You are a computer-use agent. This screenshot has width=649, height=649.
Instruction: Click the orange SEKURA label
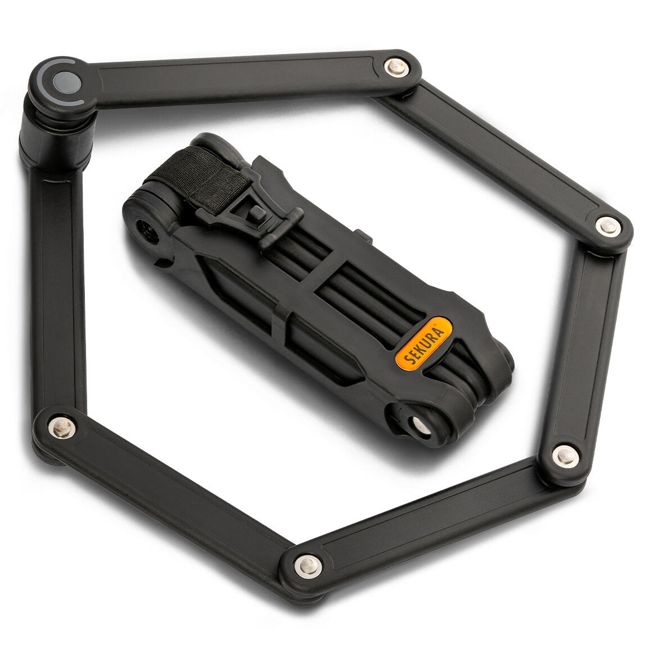point(423,342)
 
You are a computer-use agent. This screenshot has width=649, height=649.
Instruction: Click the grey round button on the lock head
point(66,82)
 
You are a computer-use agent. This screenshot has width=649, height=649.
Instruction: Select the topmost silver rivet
point(396,67)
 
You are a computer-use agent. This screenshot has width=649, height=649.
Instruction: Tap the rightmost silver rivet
point(607,227)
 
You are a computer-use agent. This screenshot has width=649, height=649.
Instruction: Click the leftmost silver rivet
point(62,427)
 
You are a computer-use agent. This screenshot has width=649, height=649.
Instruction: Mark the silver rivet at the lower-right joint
point(565,456)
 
